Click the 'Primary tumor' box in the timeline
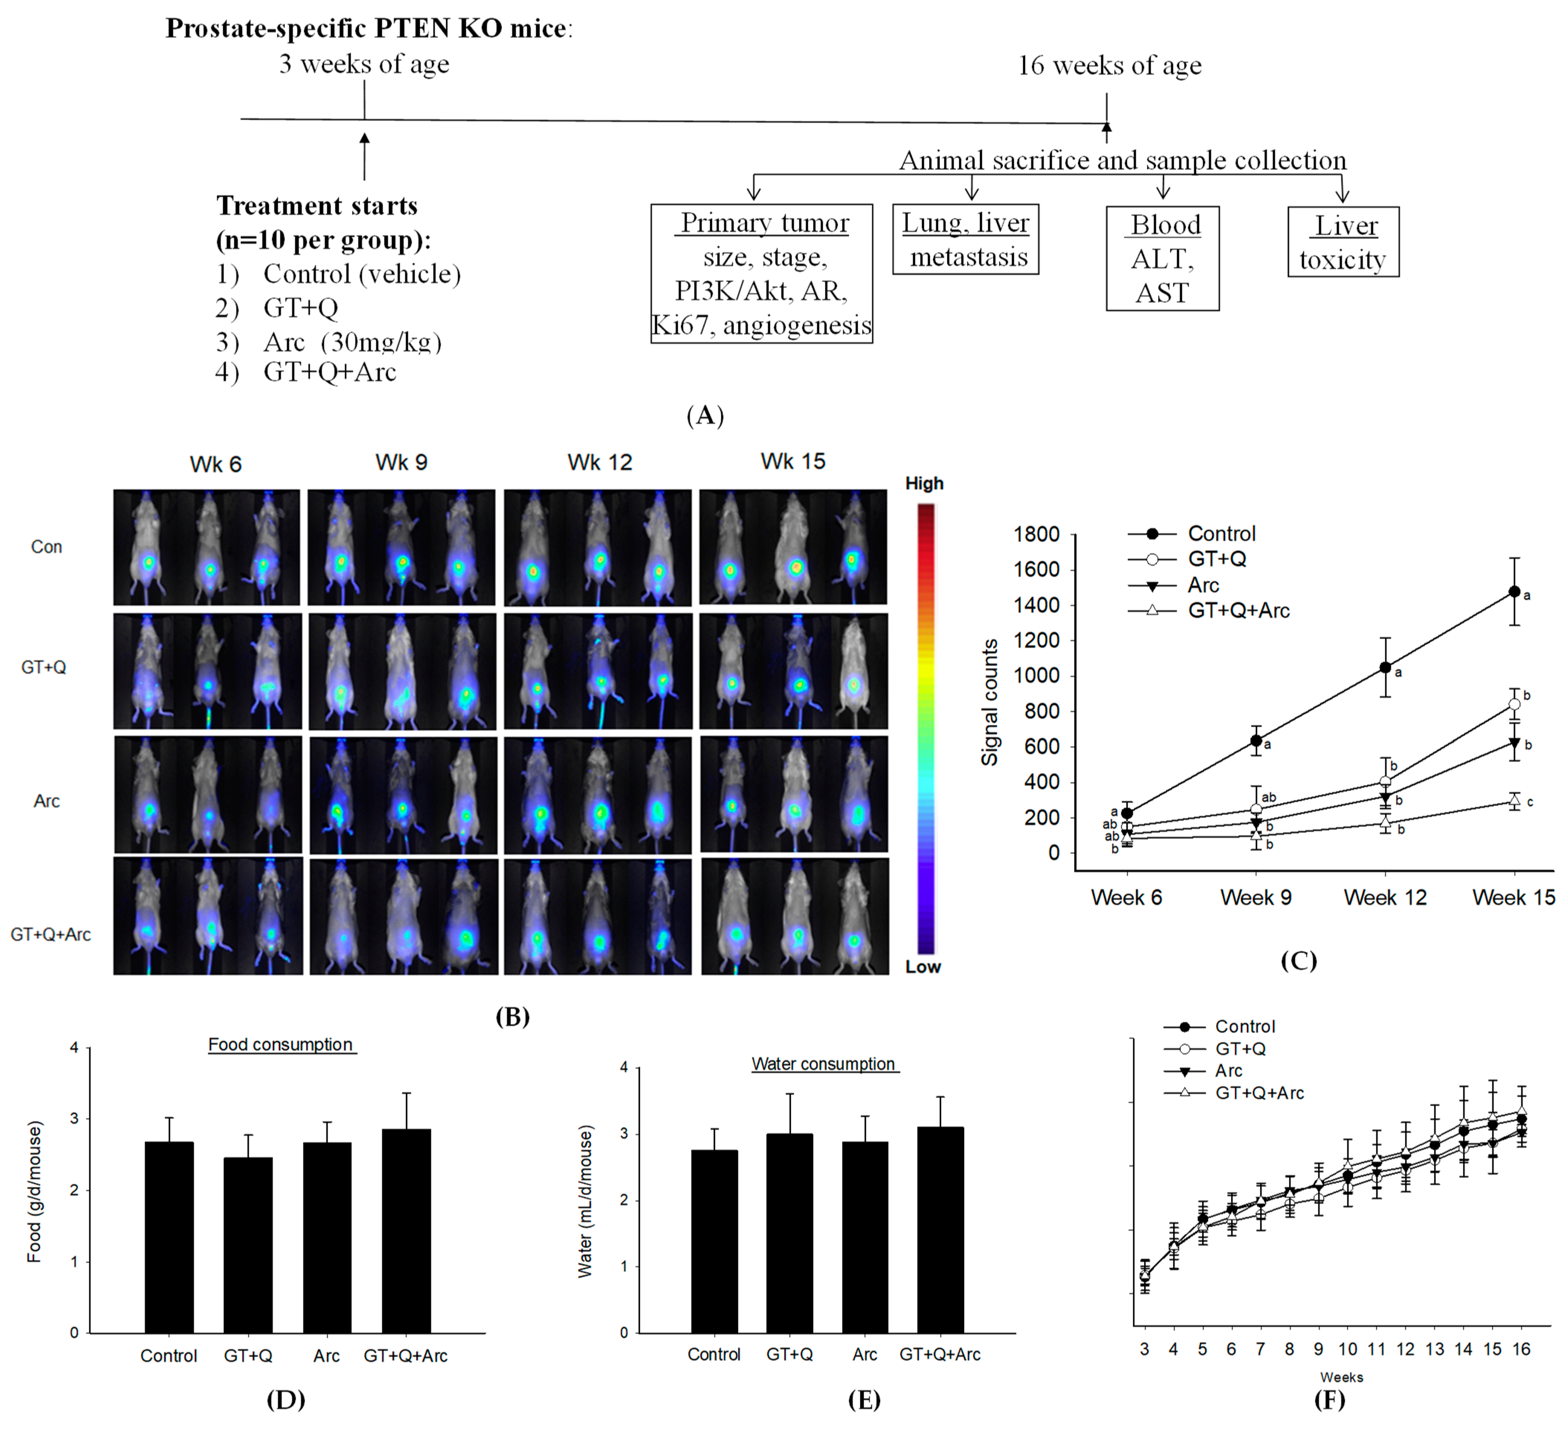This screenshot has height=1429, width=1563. pyautogui.click(x=761, y=273)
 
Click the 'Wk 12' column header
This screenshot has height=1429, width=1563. pyautogui.click(x=599, y=463)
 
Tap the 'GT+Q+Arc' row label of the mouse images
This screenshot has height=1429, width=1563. pyautogui.click(x=51, y=934)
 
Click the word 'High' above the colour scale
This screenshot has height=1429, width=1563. pyautogui.click(x=924, y=483)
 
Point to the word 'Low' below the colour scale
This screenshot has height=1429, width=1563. pyautogui.click(x=923, y=967)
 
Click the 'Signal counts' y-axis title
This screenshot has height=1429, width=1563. pyautogui.click(x=989, y=702)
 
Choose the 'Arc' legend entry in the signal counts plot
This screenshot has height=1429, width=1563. pyautogui.click(x=1203, y=585)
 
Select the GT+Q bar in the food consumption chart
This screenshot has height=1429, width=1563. pyautogui.click(x=248, y=1245)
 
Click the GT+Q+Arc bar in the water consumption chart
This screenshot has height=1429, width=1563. pyautogui.click(x=940, y=1230)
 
